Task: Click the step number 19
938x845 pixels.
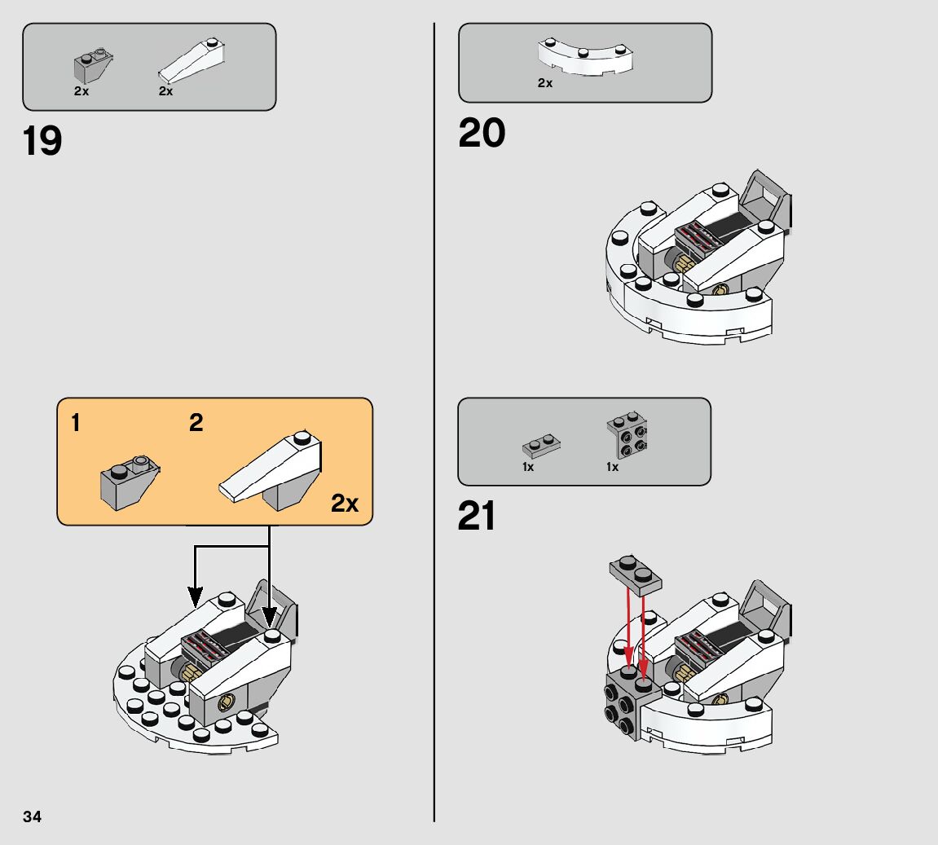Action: tap(42, 141)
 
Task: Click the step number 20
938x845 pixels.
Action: tap(482, 133)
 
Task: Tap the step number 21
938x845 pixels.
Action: tap(477, 516)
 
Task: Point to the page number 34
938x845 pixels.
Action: tap(33, 816)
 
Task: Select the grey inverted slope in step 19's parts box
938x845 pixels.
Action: tap(93, 67)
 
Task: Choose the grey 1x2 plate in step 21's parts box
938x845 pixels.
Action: tap(541, 447)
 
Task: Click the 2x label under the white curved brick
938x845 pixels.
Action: tap(545, 83)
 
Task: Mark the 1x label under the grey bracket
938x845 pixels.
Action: tap(612, 467)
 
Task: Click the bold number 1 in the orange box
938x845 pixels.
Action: tap(76, 423)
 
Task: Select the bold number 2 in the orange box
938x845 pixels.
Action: tap(196, 423)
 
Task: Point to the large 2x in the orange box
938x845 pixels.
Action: tap(345, 504)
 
